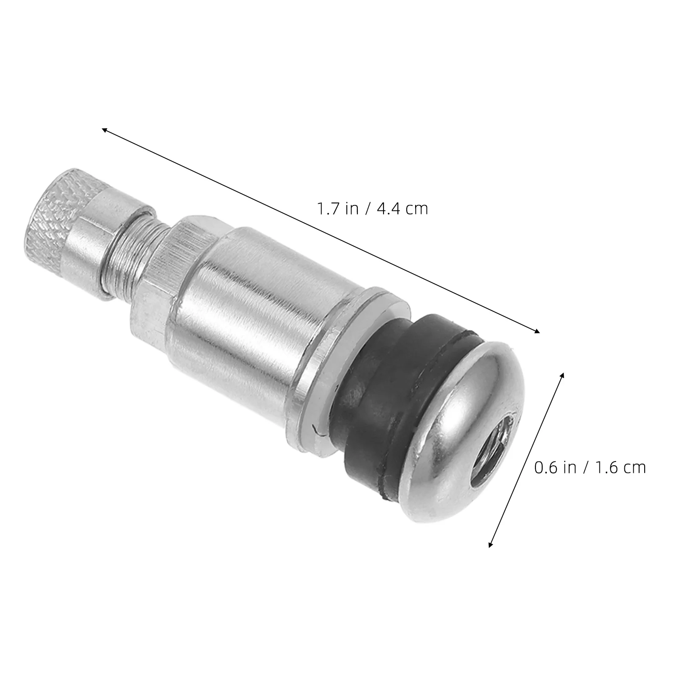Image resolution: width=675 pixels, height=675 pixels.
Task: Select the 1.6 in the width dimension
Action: pos(606,467)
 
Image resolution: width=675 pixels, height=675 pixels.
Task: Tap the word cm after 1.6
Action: pos(634,468)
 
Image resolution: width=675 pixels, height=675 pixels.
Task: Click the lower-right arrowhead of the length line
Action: pos(537,332)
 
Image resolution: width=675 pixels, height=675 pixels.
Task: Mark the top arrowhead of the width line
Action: pos(562,375)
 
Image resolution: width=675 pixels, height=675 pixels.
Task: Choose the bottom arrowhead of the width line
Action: pos(490,545)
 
